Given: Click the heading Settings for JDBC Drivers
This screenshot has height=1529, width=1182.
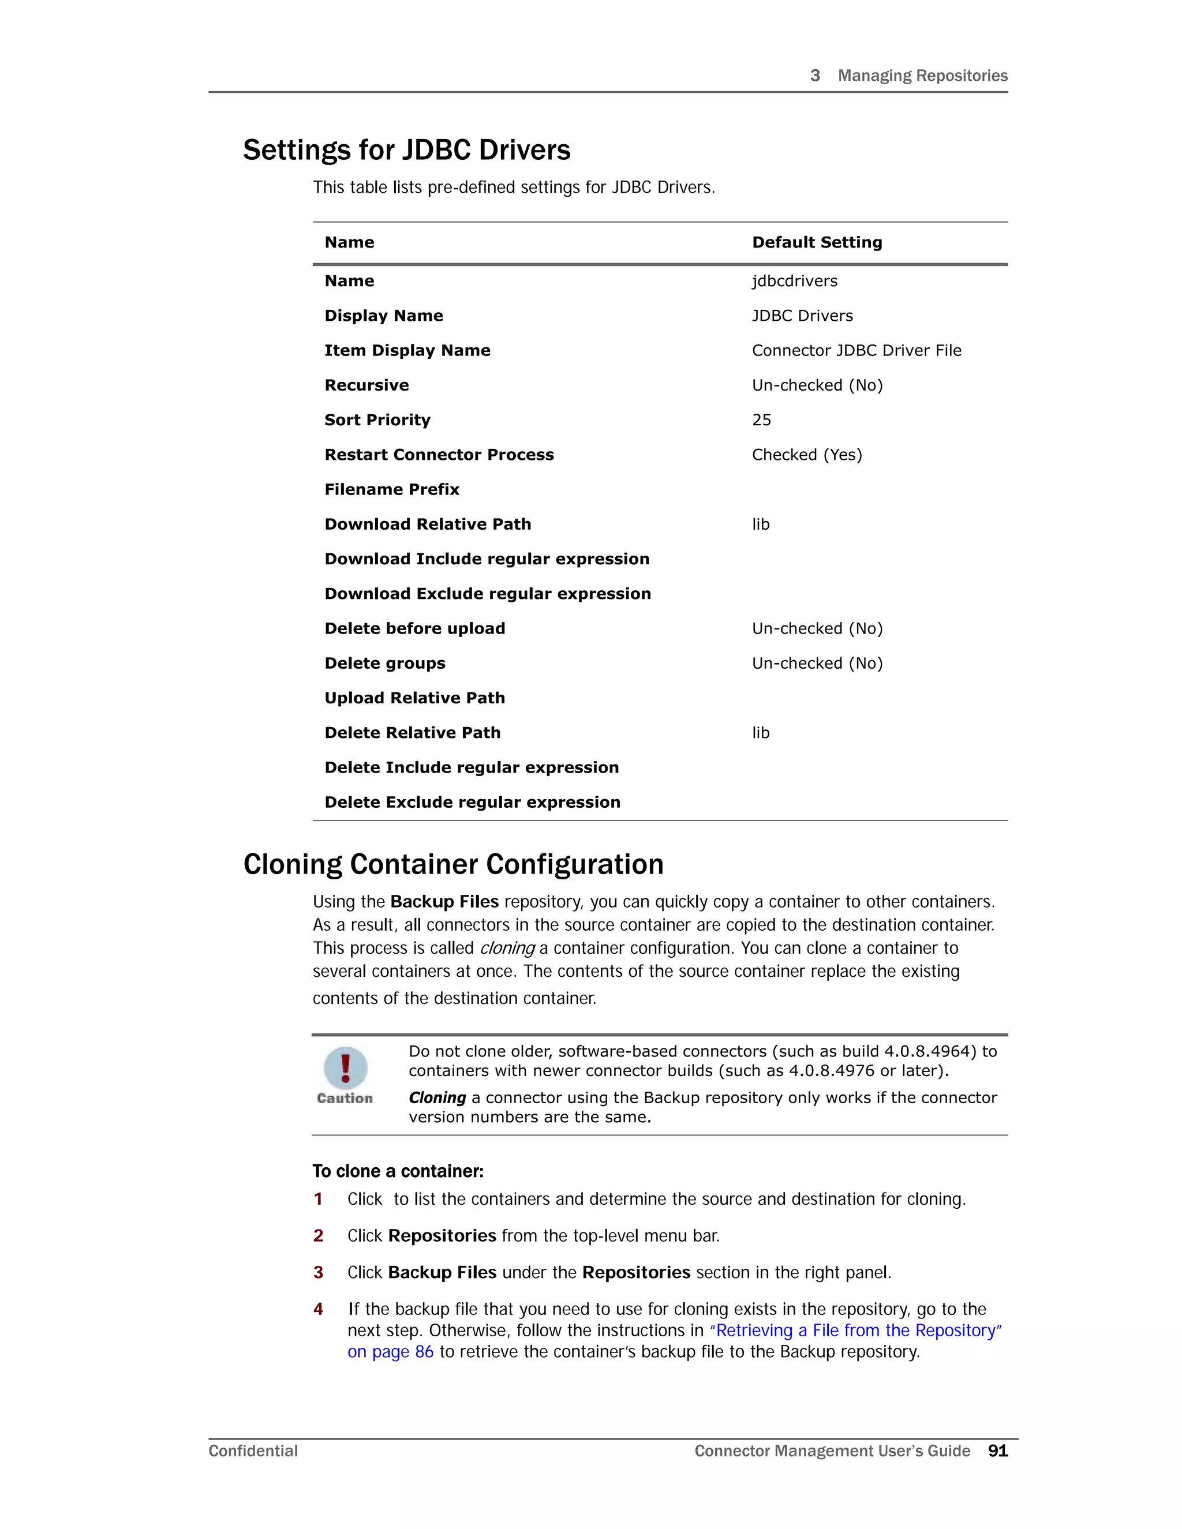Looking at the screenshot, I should click(406, 151).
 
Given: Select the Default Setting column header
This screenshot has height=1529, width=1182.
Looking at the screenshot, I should click(817, 242).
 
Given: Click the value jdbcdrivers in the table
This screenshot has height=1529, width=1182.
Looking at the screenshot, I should click(794, 282).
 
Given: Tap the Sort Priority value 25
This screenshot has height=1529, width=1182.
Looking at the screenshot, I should click(761, 420).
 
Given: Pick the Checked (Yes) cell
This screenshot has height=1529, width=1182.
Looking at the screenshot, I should click(807, 455).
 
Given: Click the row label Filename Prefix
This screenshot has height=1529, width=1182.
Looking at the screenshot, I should click(391, 489).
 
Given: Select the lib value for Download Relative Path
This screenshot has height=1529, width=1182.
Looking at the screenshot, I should click(761, 524).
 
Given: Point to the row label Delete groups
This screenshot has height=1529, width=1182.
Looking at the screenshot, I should click(384, 663).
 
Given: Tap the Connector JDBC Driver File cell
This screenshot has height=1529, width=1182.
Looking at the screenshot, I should click(856, 351).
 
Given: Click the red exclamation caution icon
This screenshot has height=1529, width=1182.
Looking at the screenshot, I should click(345, 1067).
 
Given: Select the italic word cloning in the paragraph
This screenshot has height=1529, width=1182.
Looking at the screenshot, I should click(507, 949).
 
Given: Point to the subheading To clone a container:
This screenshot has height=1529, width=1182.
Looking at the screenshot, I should click(398, 1171).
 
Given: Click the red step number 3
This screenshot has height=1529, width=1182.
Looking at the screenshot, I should click(319, 1273).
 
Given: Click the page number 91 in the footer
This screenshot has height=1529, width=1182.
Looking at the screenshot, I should click(997, 1451).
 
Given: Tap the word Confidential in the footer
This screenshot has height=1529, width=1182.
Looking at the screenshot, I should click(253, 1451).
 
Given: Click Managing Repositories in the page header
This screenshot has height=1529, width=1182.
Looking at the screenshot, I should click(922, 76).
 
